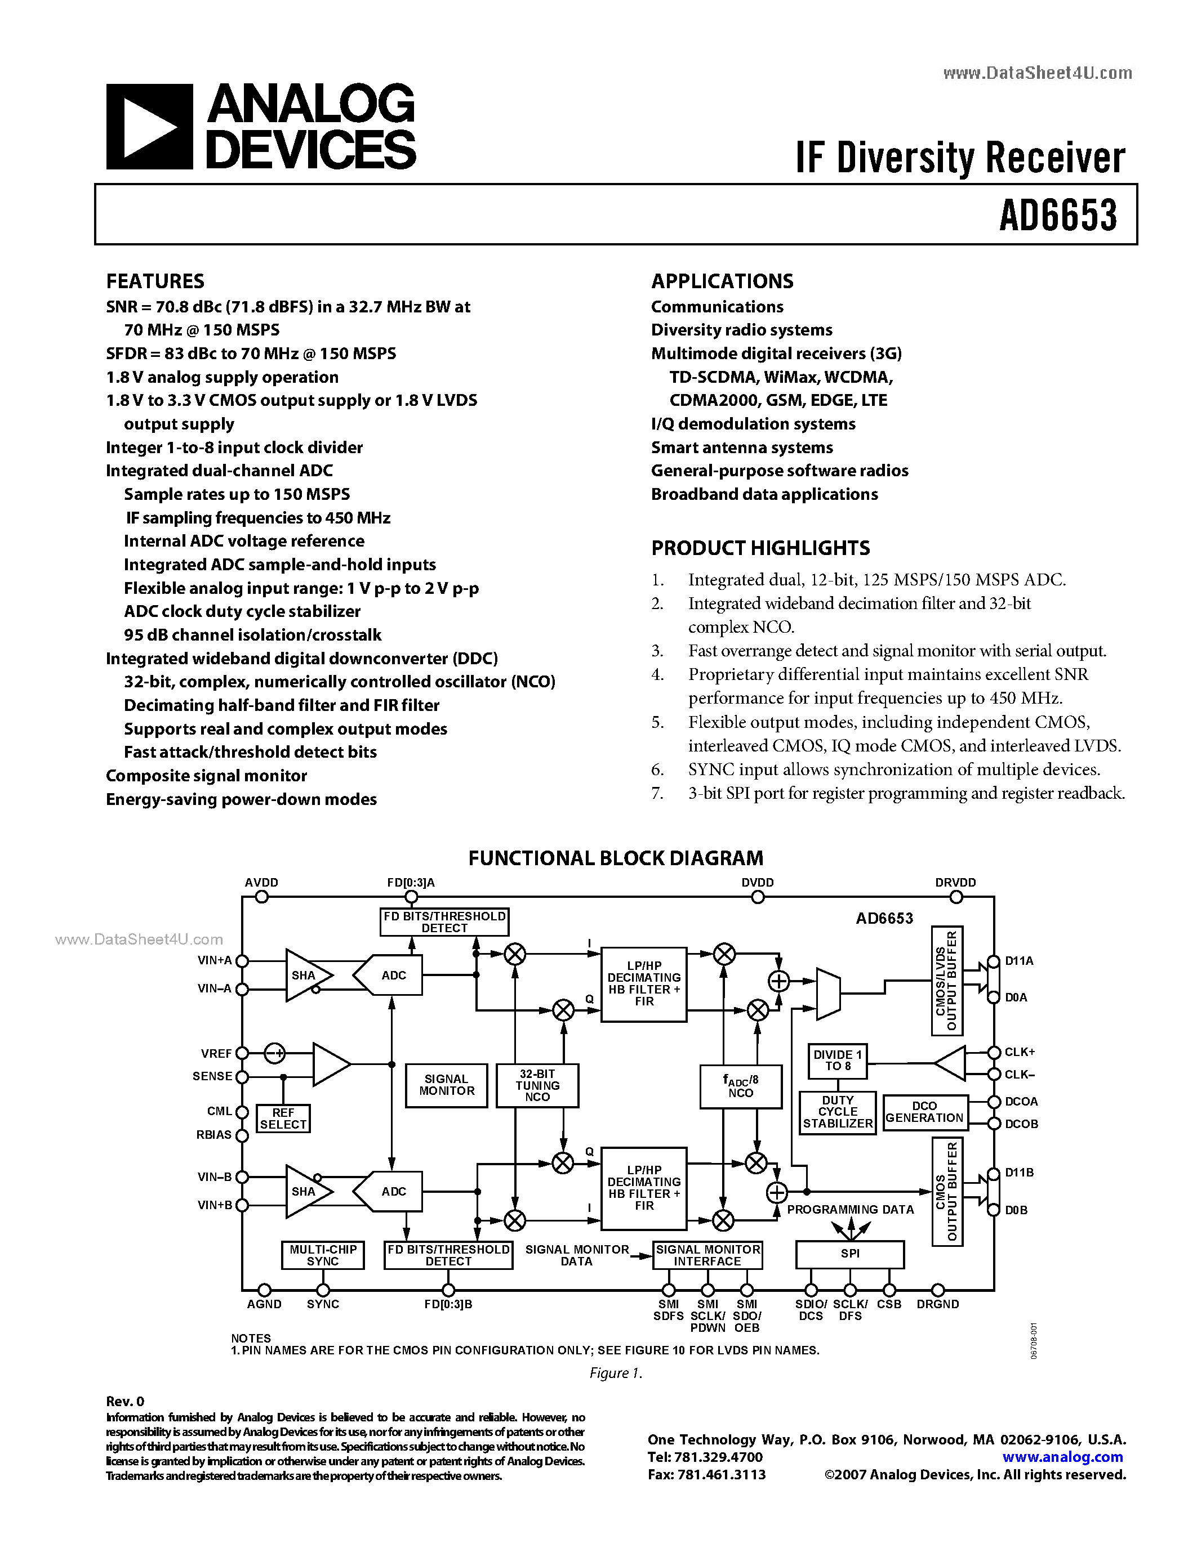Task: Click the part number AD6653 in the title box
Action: pos(1057,215)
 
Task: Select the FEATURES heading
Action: pos(155,281)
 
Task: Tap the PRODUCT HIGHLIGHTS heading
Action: pos(760,548)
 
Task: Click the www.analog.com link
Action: pos(1062,1457)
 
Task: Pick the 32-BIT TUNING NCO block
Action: pos(537,1085)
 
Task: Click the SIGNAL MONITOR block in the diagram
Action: pos(447,1085)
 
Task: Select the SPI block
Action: pos(849,1254)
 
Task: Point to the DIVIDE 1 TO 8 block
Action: pos(838,1061)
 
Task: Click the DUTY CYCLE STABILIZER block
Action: pos(838,1112)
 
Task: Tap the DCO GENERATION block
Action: pos(925,1112)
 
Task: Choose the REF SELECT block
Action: pos(283,1119)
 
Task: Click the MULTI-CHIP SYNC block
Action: pos(323,1255)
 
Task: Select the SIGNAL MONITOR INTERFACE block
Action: pos(707,1255)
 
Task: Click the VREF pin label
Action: pos(216,1053)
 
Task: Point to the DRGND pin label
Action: pos(937,1304)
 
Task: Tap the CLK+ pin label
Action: pos(1020,1053)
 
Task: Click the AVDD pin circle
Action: pos(262,897)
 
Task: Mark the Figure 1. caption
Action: pos(616,1373)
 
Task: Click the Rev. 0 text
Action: pos(126,1401)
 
